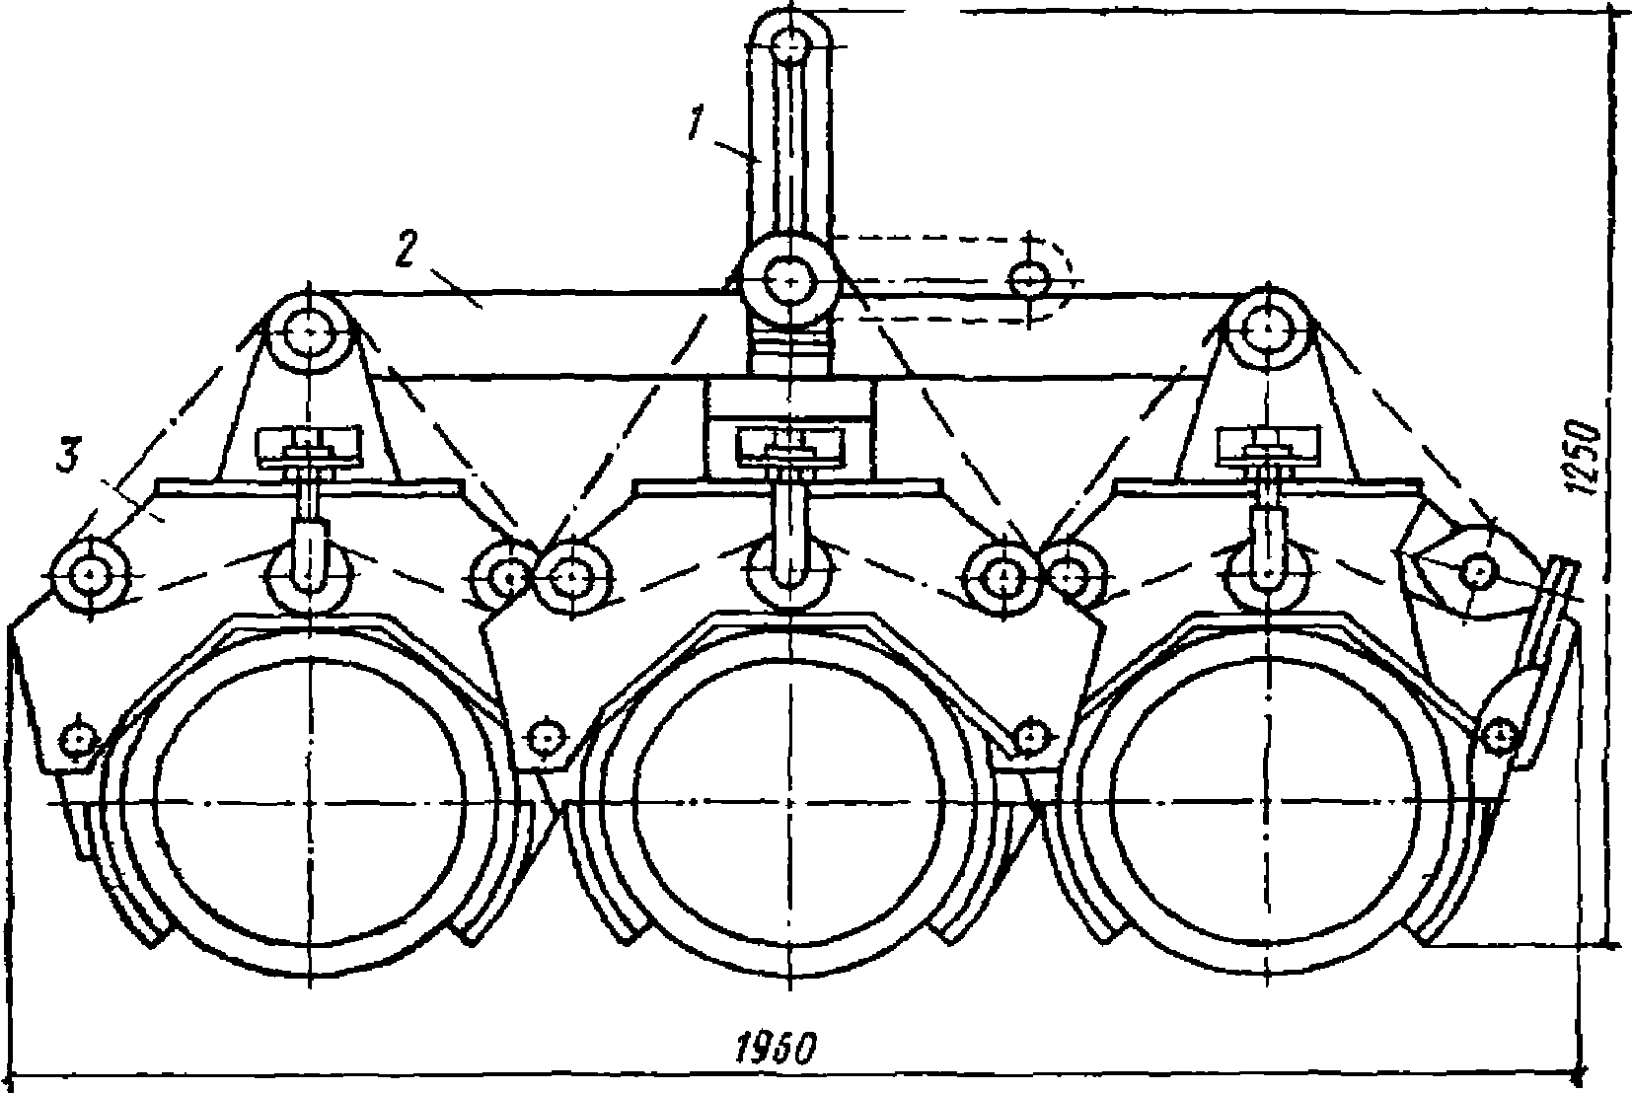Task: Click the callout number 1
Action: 696,122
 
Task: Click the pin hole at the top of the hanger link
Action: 790,49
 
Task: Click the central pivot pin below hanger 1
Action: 790,281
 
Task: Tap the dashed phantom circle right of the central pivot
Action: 1029,279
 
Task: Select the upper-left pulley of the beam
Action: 311,331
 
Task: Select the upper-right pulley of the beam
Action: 1269,329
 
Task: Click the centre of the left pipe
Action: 311,802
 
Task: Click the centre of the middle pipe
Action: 790,802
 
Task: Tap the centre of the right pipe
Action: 1269,802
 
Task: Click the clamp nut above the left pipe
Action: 310,447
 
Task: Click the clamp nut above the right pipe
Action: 1268,447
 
